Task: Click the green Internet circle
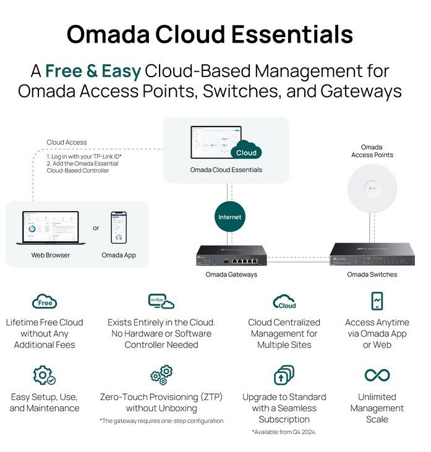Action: click(229, 217)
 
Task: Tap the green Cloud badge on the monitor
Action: click(245, 152)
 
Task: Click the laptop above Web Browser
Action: click(51, 228)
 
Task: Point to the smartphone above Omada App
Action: click(118, 228)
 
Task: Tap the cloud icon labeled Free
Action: click(45, 302)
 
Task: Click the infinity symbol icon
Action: click(377, 375)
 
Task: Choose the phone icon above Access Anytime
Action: click(377, 301)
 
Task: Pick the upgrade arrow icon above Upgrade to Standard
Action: click(284, 375)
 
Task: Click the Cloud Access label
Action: click(67, 143)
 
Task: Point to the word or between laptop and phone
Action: click(96, 228)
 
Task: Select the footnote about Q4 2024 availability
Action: click(284, 432)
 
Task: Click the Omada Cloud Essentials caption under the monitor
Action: click(226, 170)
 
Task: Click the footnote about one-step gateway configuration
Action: click(161, 421)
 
